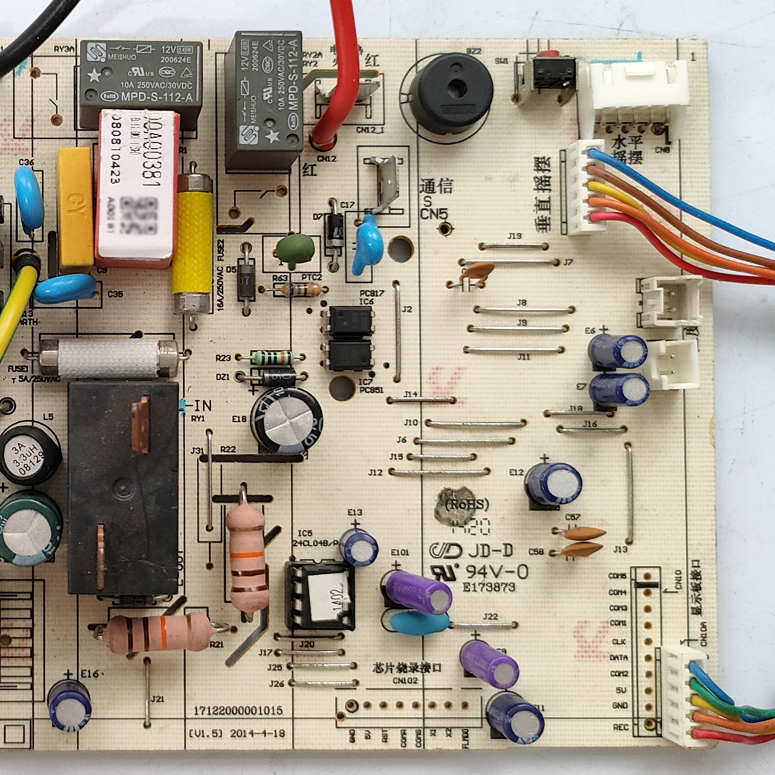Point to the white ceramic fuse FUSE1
(x=109, y=358)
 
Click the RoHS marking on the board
(x=467, y=504)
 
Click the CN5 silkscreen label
(x=433, y=214)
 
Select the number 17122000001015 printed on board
(x=238, y=710)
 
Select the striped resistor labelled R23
(x=271, y=358)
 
